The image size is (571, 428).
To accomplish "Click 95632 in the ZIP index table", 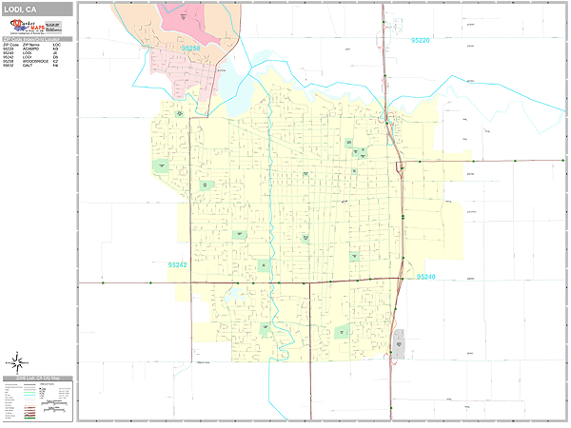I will tap(9, 66).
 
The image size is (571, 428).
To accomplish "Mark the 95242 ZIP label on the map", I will tap(177, 265).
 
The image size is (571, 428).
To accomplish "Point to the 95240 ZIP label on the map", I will tap(425, 277).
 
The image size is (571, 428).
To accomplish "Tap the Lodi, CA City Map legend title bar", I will tap(38, 379).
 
